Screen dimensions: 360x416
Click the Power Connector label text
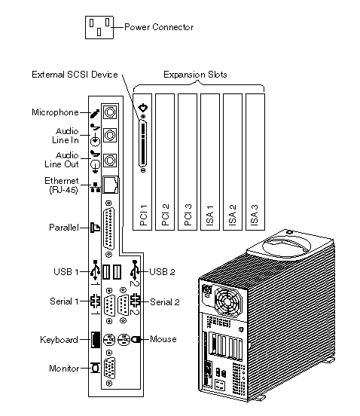pyautogui.click(x=159, y=27)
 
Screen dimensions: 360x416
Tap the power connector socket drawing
pyautogui.click(x=99, y=27)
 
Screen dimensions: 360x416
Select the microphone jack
pyautogui.click(x=110, y=112)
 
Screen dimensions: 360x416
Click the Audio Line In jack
pyautogui.click(x=110, y=135)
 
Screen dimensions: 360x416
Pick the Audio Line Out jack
pyautogui.click(x=110, y=160)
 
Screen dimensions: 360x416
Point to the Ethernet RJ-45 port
pyautogui.click(x=110, y=185)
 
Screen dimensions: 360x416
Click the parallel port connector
pyautogui.click(x=108, y=229)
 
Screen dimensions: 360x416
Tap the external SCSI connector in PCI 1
pyautogui.click(x=143, y=145)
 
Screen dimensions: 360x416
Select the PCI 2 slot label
pyautogui.click(x=165, y=215)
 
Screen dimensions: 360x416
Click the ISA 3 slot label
pyautogui.click(x=255, y=215)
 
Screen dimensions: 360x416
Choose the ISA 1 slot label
pyautogui.click(x=209, y=215)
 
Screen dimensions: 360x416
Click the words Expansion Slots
pyautogui.click(x=195, y=75)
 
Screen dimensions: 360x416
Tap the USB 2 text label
pyautogui.click(x=162, y=271)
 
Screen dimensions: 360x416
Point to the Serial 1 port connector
pyautogui.click(x=109, y=306)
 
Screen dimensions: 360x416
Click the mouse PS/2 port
pyautogui.click(x=124, y=340)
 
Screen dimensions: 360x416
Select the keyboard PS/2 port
pyautogui.click(x=109, y=340)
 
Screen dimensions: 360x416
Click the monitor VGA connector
pyautogui.click(x=109, y=368)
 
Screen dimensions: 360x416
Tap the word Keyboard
pyautogui.click(x=59, y=340)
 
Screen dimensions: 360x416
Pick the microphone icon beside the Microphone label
pyautogui.click(x=95, y=113)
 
